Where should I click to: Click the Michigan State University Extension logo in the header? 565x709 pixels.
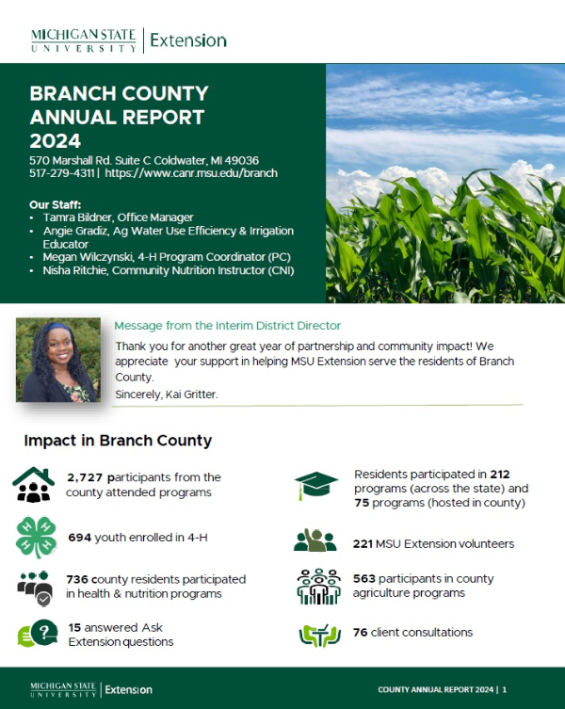click(128, 40)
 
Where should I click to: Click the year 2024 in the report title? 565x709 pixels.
click(56, 141)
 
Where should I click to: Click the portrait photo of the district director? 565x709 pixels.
click(58, 360)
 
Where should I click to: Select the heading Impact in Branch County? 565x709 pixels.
click(118, 441)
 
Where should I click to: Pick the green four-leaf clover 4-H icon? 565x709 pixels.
click(35, 538)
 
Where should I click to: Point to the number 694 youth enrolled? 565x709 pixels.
click(80, 538)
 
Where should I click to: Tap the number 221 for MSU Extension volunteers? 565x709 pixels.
click(363, 543)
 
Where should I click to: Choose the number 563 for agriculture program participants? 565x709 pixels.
click(363, 578)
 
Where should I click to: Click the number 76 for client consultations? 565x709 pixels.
click(360, 632)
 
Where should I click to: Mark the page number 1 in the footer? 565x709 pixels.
click(505, 689)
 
